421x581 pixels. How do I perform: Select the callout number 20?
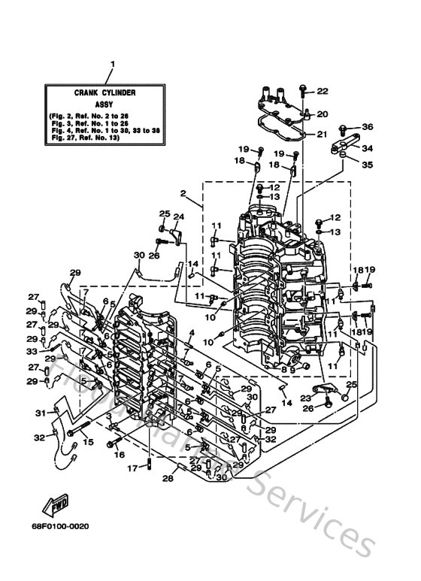pos(323,114)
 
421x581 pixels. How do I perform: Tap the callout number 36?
pos(367,126)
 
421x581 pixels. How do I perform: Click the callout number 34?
pos(367,148)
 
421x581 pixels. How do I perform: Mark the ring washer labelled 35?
pos(342,155)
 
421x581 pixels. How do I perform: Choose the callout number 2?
pos(182,193)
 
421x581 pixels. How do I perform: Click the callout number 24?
pos(178,217)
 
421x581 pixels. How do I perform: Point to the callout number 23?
pos(306,399)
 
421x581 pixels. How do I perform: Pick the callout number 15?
pos(89,442)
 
